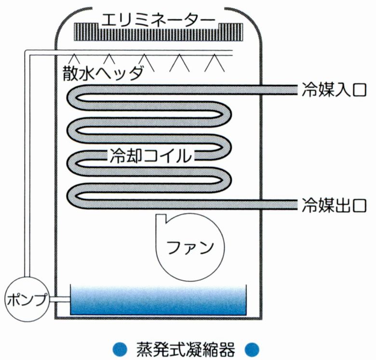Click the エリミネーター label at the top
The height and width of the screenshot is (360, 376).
click(x=157, y=20)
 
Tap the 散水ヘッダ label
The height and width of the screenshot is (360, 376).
click(x=103, y=73)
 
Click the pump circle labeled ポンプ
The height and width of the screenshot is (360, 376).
click(x=27, y=299)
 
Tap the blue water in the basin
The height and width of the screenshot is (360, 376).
click(x=159, y=301)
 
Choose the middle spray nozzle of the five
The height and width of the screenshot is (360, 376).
click(x=144, y=61)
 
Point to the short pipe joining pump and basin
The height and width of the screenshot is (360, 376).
click(x=60, y=300)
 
